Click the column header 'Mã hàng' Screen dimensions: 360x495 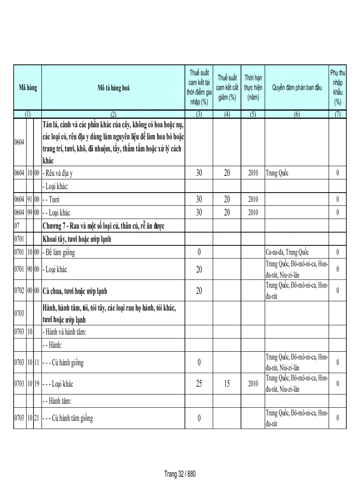(27, 88)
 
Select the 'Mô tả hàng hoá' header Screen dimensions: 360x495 (113, 88)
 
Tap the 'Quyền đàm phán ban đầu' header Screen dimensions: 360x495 (296, 88)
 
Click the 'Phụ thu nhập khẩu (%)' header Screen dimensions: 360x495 (337, 87)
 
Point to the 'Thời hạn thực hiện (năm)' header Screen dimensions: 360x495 (253, 87)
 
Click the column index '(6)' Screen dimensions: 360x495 (296, 114)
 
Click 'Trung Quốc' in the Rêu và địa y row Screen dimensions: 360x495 (277, 173)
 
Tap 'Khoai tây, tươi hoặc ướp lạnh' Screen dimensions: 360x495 (77, 239)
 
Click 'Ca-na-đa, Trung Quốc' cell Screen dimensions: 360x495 (287, 253)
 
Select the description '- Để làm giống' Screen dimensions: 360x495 (59, 253)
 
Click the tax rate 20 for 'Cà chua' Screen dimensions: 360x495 (199, 291)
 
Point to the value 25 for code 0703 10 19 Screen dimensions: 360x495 (199, 384)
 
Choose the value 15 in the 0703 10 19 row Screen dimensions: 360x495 (227, 384)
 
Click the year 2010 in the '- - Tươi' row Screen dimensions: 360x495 (253, 199)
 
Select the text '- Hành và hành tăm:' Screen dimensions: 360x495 (64, 332)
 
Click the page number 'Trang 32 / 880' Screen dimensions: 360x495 (180, 474)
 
